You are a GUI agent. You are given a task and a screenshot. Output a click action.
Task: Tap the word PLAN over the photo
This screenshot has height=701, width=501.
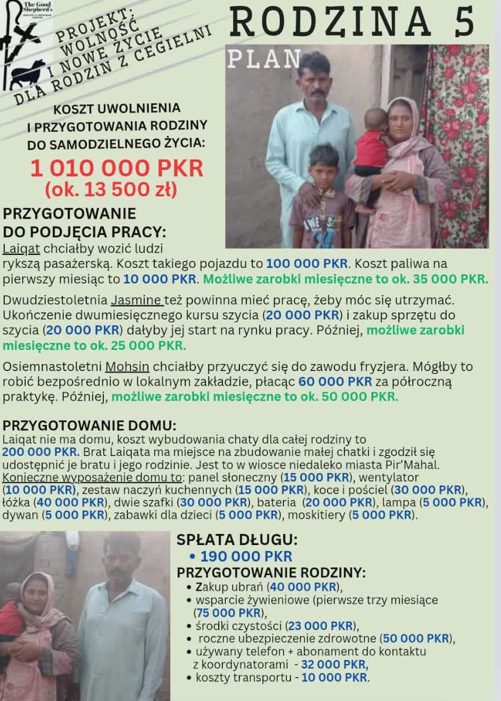click(264, 59)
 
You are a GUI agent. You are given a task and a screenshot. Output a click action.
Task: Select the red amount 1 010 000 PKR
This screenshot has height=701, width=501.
click(117, 169)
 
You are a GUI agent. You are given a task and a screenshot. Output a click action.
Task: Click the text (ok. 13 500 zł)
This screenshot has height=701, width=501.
click(111, 190)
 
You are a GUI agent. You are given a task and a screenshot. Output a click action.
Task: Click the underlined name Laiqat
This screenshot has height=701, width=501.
click(22, 248)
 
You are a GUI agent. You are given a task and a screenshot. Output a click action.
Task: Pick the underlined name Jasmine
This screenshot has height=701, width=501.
click(136, 301)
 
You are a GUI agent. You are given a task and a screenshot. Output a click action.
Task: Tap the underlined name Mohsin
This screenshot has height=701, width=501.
click(127, 367)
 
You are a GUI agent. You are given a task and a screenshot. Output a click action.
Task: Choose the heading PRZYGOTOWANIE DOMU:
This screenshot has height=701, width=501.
click(89, 426)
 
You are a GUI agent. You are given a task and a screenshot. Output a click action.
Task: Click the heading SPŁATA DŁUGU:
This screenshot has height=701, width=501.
click(237, 540)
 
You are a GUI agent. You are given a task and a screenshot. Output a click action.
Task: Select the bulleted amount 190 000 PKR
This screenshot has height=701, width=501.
click(246, 557)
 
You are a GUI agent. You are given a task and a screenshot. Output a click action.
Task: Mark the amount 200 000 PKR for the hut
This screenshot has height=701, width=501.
click(40, 452)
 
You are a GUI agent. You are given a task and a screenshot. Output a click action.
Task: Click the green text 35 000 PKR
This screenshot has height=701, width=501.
click(446, 279)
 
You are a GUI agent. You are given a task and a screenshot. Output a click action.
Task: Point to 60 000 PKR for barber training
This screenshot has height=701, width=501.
click(335, 382)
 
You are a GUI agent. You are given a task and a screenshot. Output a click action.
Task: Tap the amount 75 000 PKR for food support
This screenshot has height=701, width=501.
click(228, 613)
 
